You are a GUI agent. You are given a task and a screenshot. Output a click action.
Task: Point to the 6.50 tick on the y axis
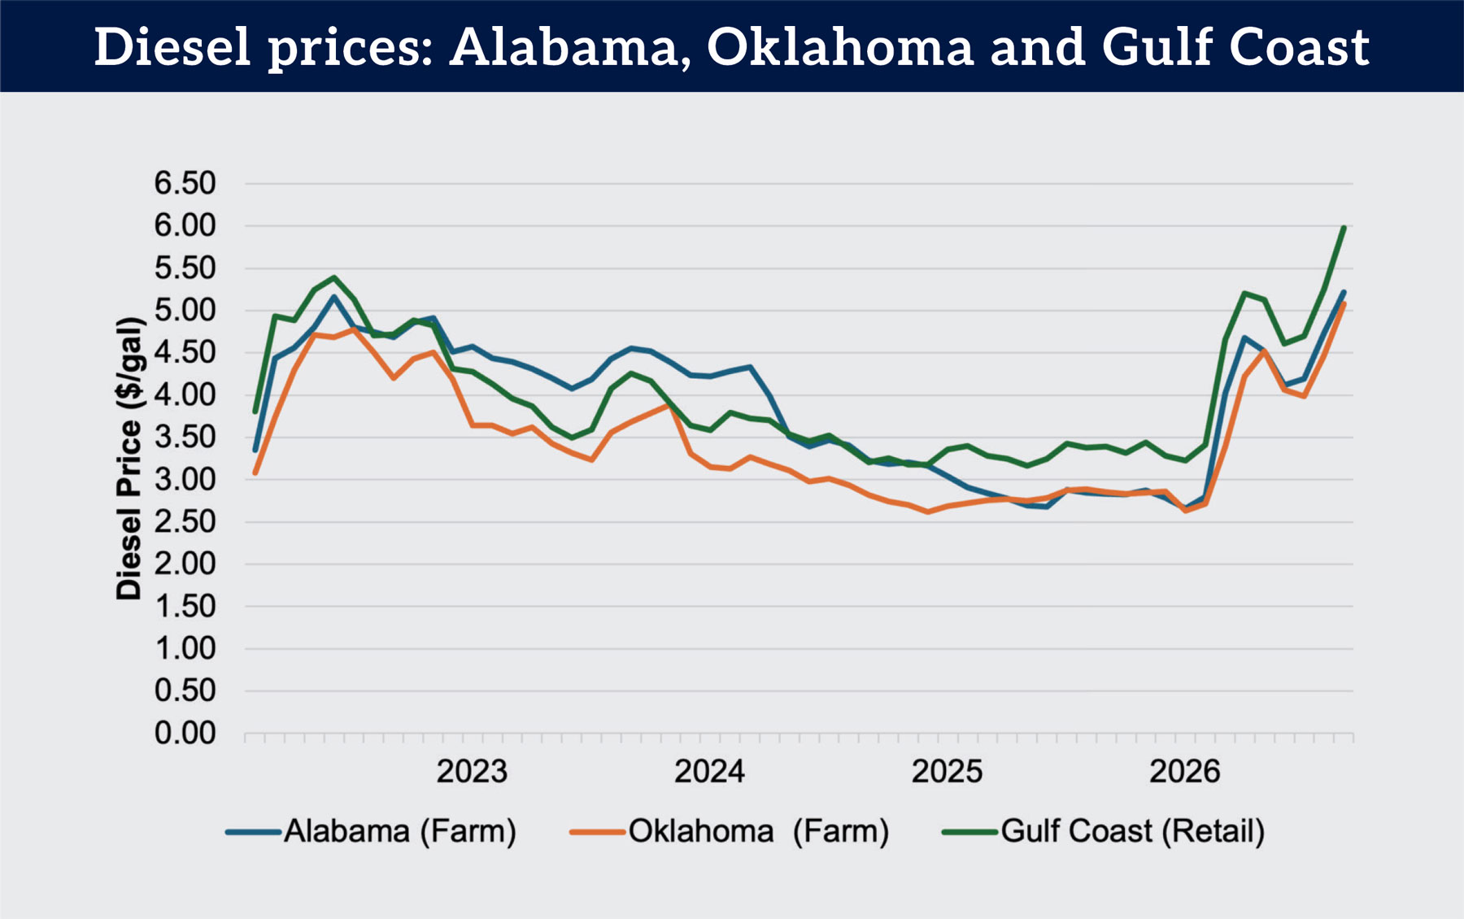(x=185, y=183)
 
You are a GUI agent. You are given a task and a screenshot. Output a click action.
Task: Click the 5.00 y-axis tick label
(x=185, y=310)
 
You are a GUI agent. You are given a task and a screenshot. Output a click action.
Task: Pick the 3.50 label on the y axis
(x=185, y=437)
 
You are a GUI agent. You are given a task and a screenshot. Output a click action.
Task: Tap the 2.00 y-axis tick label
(x=185, y=564)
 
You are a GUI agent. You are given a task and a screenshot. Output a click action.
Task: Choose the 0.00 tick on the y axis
(x=185, y=733)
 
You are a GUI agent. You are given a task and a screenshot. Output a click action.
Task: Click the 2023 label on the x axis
(x=472, y=771)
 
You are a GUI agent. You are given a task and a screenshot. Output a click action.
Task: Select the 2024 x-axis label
(x=709, y=771)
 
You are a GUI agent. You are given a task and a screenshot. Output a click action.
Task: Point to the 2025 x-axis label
(x=947, y=771)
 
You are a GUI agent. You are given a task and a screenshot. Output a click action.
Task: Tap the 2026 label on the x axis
(x=1185, y=771)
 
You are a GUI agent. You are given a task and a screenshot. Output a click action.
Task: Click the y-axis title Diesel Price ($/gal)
(x=130, y=459)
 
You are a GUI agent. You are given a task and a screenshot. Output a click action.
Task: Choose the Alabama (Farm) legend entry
(x=371, y=832)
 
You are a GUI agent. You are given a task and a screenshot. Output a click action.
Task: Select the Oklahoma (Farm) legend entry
(x=730, y=832)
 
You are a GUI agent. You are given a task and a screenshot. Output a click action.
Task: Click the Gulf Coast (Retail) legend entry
(x=1104, y=832)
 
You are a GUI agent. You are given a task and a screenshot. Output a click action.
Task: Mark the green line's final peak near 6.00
(x=1344, y=228)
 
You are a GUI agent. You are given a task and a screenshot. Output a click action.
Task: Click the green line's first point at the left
(x=255, y=412)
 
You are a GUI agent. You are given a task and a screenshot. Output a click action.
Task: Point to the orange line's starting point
(x=255, y=473)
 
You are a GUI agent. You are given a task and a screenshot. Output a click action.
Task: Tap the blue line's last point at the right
(x=1344, y=292)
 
